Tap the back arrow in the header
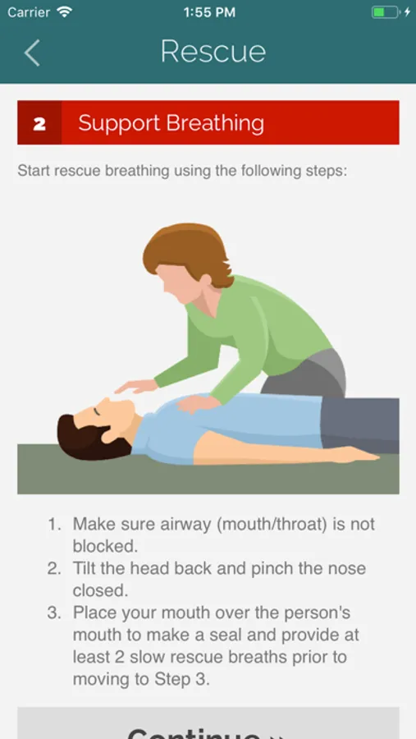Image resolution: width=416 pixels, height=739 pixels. pos(32,53)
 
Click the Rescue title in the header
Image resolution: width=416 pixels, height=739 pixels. pos(213,51)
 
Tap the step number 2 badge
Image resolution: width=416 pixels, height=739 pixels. pos(39,122)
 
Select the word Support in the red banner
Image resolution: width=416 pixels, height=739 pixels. pos(119,124)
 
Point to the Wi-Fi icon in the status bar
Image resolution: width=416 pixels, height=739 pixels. pos(65,11)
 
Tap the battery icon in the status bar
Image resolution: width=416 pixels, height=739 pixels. pos(386,12)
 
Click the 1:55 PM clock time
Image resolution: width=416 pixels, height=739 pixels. pos(209,12)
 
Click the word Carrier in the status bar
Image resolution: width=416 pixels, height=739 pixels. pos(29,12)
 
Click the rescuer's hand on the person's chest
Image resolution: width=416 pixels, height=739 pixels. pos(198,403)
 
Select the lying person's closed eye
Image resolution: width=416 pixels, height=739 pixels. pos(97,411)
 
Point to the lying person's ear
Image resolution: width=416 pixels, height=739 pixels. pos(108,433)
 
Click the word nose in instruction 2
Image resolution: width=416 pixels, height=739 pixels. pos(347,568)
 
